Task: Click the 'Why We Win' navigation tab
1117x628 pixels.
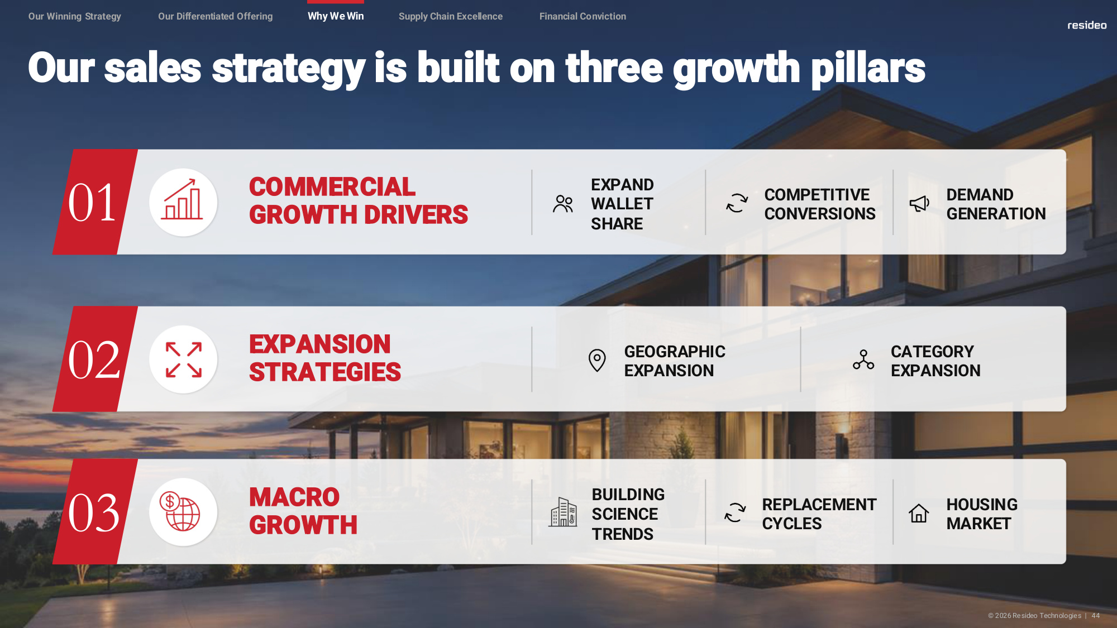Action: point(336,16)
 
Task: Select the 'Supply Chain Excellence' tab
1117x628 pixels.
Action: point(451,16)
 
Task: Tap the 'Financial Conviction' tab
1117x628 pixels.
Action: point(583,16)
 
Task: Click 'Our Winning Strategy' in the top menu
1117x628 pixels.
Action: point(75,16)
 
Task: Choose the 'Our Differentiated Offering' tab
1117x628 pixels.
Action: point(216,16)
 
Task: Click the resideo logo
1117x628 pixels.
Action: point(1087,25)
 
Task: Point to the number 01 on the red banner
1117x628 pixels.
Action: point(92,203)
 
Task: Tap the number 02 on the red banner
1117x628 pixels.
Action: point(93,360)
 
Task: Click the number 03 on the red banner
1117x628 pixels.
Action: point(93,513)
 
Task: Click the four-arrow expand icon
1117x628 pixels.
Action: point(184,359)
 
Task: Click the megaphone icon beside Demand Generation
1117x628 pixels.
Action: point(919,203)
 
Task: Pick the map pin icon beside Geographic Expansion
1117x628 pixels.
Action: point(597,360)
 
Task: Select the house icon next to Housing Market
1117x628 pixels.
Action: point(919,513)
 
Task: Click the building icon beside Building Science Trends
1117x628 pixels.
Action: point(563,512)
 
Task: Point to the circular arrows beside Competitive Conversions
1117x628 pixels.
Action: point(737,203)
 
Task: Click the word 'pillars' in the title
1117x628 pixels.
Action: point(868,69)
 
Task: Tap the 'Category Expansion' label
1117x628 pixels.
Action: point(935,361)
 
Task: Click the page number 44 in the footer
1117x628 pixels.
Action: point(1096,616)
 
